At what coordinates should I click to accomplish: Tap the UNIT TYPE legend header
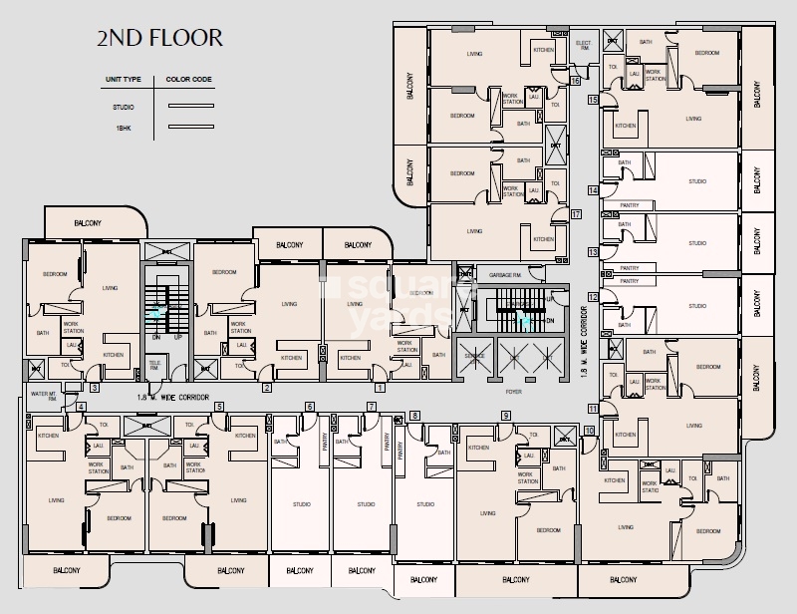(x=125, y=78)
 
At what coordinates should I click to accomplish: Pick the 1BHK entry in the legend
(x=124, y=127)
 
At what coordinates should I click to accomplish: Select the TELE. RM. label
(x=154, y=364)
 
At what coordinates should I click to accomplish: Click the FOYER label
(x=513, y=392)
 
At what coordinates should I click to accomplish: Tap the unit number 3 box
(x=94, y=388)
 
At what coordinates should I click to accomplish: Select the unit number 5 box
(x=218, y=407)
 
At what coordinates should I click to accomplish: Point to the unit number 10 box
(x=589, y=432)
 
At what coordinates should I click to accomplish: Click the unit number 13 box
(x=592, y=253)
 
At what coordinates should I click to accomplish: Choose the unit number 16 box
(x=575, y=80)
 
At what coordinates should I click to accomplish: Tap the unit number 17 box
(x=575, y=214)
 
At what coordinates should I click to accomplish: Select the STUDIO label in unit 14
(x=696, y=182)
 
